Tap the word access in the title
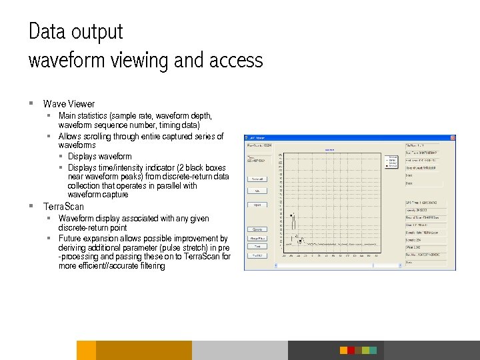click(236, 61)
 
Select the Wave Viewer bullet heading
click(69, 104)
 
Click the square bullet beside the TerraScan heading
click(31, 206)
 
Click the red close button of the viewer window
click(452, 137)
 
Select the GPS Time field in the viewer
click(429, 202)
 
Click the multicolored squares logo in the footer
click(358, 350)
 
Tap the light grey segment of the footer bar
click(240, 350)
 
